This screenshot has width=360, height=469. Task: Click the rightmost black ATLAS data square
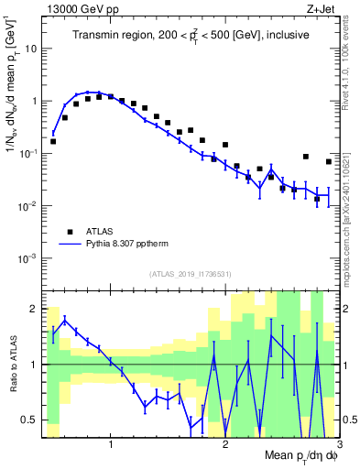click(x=329, y=161)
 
